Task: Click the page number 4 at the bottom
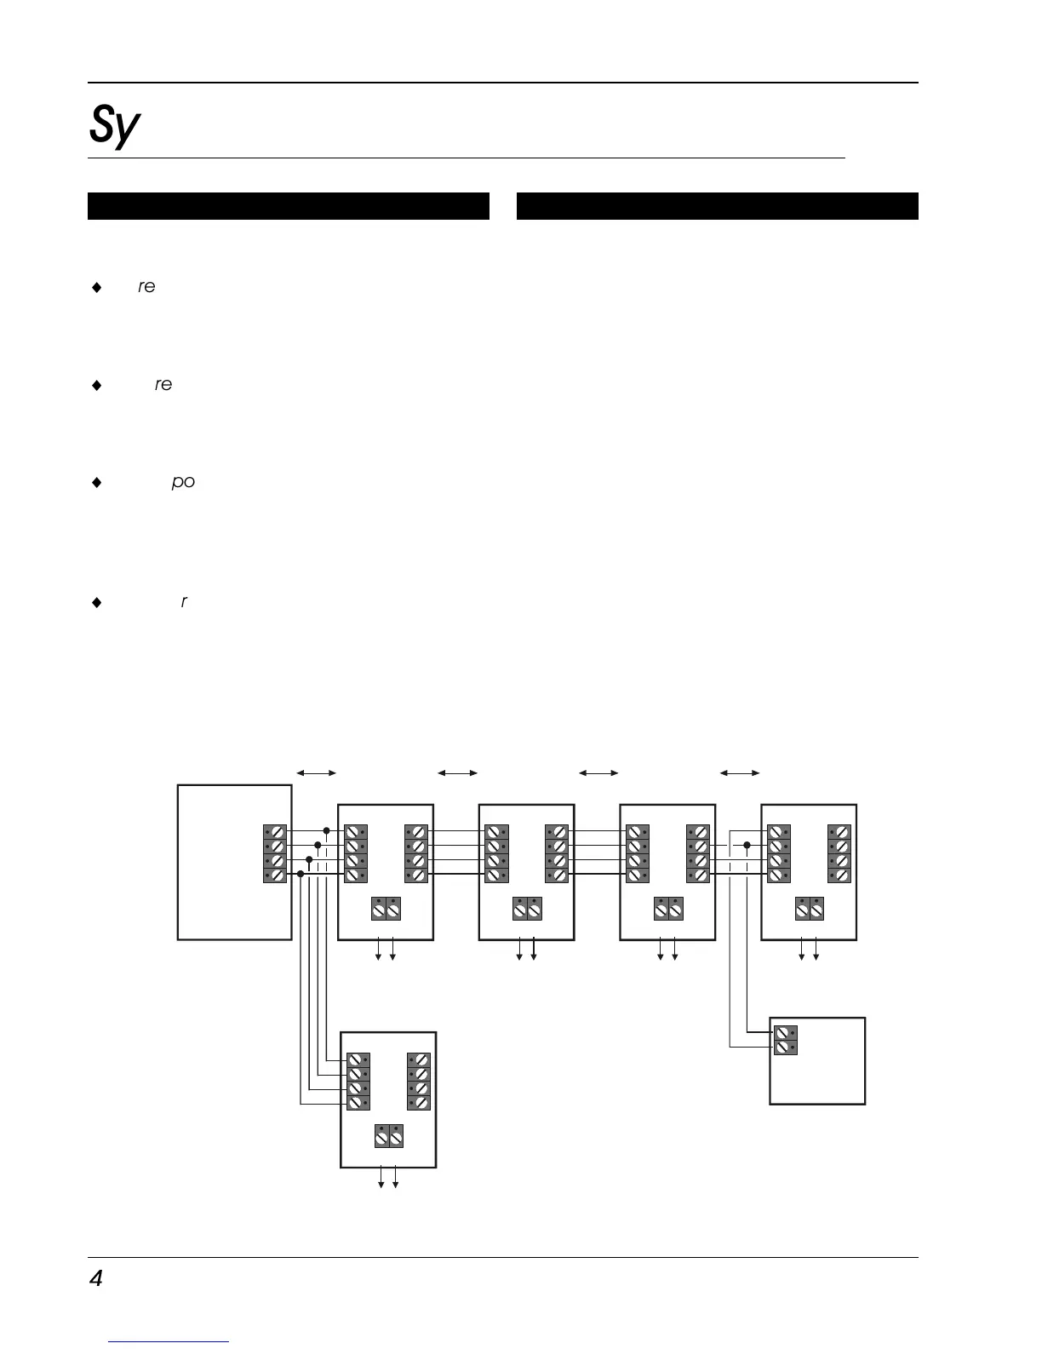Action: [95, 1278]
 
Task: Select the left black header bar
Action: [288, 206]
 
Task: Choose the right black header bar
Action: [717, 206]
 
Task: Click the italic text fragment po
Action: [183, 482]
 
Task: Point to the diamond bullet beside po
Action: [96, 483]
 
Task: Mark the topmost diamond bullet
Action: [96, 288]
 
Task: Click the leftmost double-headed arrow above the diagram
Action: [316, 772]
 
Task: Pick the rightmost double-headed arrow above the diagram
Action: [740, 772]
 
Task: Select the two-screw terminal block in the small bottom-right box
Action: [786, 1040]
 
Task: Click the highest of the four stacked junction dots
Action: [326, 830]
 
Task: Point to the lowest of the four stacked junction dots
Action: [301, 874]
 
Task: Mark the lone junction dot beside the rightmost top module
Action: [747, 846]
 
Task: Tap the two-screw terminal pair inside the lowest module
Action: [389, 1136]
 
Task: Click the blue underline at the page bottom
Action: [169, 1341]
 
